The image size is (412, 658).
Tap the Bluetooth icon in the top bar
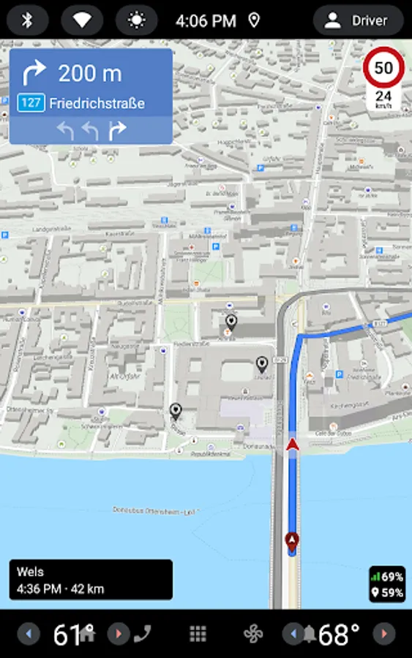(27, 20)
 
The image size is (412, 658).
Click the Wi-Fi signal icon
(82, 20)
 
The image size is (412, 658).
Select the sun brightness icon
(136, 20)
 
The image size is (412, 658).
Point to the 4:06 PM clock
(206, 20)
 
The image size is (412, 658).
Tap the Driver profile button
(358, 20)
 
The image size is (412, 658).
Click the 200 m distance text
(90, 73)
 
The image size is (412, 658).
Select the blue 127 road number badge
(31, 103)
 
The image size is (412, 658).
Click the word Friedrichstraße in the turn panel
(97, 103)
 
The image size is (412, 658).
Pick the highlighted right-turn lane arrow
(117, 130)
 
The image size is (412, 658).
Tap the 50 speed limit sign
(383, 69)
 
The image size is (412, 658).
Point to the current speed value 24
(383, 96)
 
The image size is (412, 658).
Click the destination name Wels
(30, 572)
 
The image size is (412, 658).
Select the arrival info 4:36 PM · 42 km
(60, 589)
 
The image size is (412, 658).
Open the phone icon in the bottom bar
(142, 633)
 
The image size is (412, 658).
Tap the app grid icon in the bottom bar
(198, 634)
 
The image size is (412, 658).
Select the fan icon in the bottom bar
(253, 634)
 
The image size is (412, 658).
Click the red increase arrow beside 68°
(383, 634)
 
